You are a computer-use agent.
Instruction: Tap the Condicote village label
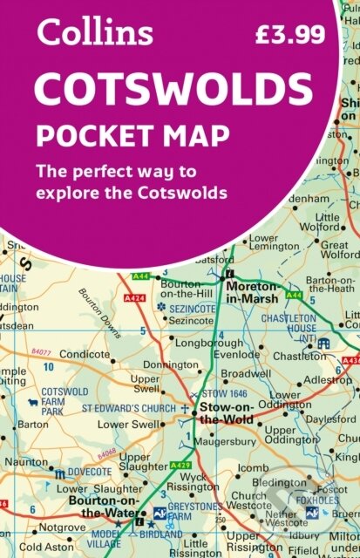(84, 355)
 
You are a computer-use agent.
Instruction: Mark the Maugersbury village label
(223, 440)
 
